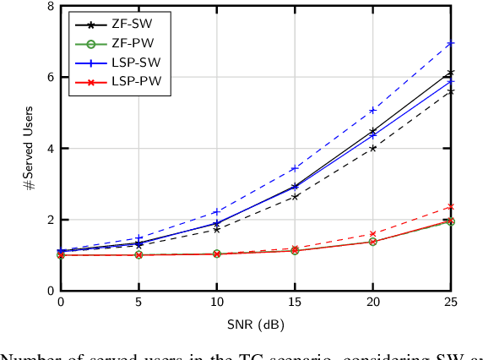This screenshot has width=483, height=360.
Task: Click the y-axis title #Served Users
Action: (30, 149)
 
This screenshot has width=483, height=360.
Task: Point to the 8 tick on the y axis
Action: (50, 7)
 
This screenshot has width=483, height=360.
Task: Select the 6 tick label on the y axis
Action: (50, 77)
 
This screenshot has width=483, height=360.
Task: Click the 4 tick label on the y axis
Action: (50, 149)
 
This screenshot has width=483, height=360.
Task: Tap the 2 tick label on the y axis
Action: (50, 220)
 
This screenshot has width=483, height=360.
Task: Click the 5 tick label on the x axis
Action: (138, 303)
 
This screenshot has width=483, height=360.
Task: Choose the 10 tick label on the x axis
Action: (216, 303)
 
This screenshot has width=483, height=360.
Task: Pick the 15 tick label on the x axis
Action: (294, 303)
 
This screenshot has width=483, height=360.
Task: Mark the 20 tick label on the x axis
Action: (372, 303)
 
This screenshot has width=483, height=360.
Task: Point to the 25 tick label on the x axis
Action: (450, 303)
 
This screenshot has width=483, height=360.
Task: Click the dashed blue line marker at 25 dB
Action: (451, 43)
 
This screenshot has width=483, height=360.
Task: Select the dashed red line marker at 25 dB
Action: (451, 206)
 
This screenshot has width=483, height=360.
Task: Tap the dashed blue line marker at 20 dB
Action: (372, 110)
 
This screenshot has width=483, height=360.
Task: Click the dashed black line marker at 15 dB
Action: (295, 196)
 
